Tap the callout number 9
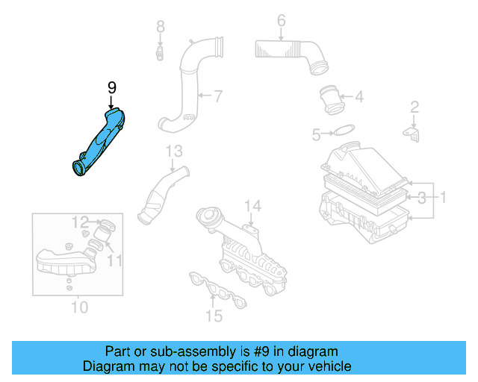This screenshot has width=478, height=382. [111, 87]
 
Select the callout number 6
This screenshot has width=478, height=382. [281, 20]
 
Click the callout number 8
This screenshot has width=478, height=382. [160, 28]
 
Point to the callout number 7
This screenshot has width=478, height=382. [217, 95]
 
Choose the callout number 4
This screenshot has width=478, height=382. [358, 96]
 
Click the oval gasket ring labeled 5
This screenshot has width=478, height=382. [343, 133]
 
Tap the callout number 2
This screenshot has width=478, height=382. [414, 108]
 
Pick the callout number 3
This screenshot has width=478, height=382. [422, 198]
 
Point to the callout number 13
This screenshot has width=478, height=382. [173, 151]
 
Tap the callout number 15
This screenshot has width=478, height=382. [214, 316]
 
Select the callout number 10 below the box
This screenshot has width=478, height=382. [79, 307]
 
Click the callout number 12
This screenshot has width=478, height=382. [80, 221]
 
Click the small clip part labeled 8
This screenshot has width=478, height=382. [160, 53]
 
